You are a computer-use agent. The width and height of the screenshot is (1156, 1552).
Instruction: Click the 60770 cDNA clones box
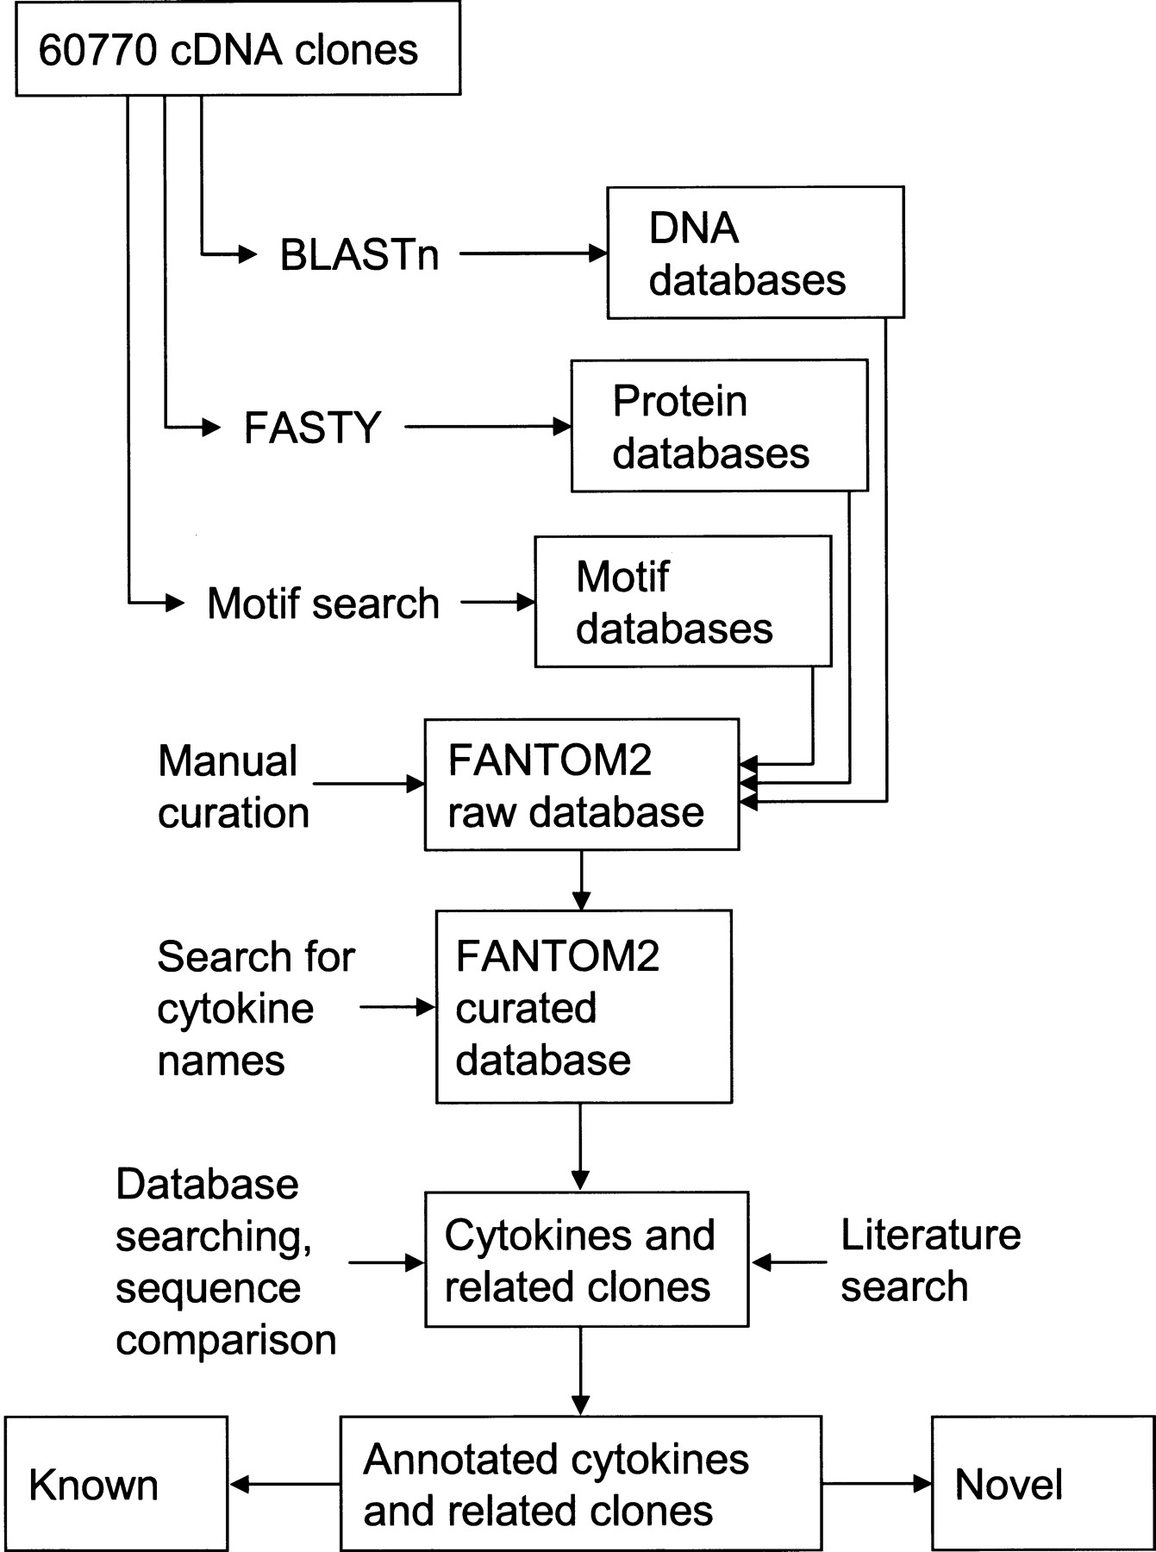[x=238, y=50]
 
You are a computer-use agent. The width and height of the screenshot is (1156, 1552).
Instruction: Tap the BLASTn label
[x=359, y=254]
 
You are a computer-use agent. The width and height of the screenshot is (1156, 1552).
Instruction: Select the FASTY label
[x=312, y=428]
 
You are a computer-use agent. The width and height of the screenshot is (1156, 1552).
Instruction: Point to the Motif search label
[x=323, y=603]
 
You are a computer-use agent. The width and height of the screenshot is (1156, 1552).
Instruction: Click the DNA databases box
[x=755, y=253]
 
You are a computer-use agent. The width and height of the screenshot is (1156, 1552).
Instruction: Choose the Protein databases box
[x=719, y=426]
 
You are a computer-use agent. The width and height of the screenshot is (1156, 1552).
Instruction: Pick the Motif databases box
[x=683, y=602]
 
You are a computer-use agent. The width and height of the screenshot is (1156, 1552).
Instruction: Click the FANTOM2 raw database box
[x=581, y=785]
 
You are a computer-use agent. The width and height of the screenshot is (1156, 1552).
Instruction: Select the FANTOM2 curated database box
[x=584, y=1006]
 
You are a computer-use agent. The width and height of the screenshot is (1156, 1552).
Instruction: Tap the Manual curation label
[x=233, y=786]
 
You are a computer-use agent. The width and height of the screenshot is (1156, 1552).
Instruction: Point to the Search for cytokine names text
[x=255, y=1008]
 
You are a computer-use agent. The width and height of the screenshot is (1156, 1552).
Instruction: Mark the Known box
[x=116, y=1484]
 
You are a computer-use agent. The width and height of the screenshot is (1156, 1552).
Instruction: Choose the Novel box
[x=1042, y=1484]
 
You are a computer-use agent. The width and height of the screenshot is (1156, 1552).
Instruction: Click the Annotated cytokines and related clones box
[x=580, y=1484]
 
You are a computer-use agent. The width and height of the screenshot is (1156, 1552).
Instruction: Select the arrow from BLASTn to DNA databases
[x=534, y=253]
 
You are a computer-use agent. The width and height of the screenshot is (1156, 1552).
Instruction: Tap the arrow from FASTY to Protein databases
[x=488, y=426]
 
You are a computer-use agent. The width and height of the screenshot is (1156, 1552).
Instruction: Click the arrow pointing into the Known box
[x=285, y=1484]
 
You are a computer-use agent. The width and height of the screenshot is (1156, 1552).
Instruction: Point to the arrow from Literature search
[x=790, y=1262]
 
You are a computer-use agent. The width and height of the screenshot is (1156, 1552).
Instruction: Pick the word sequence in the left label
[x=208, y=1287]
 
